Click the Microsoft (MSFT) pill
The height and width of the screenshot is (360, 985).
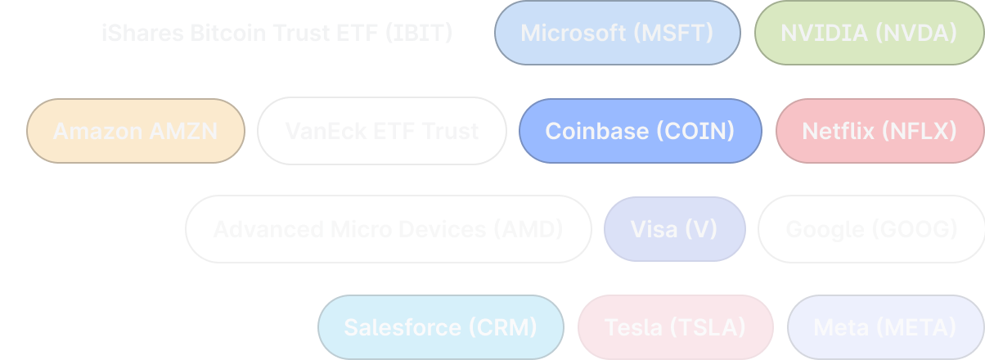tap(617, 33)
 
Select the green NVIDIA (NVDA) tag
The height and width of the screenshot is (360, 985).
tap(869, 33)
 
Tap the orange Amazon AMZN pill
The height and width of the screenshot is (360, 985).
tap(135, 131)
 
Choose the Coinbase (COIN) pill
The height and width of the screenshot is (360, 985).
tap(640, 131)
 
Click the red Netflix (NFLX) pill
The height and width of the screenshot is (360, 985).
tap(879, 131)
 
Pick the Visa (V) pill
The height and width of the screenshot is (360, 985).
tap(673, 229)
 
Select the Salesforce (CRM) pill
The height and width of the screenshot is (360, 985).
tap(440, 327)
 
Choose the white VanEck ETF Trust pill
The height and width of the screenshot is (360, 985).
tap(381, 131)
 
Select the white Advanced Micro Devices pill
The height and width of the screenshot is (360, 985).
tap(388, 229)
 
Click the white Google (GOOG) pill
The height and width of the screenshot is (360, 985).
tap(871, 229)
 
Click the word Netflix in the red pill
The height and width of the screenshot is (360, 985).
tap(839, 131)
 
